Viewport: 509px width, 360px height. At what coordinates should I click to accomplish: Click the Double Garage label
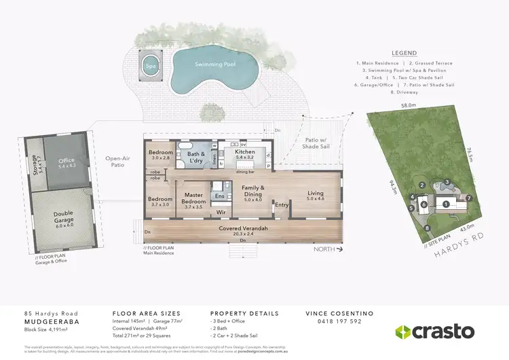[x=63, y=218]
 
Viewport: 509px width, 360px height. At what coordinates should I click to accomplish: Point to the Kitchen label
[x=244, y=154]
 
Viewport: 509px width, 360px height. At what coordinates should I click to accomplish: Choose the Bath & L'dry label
[x=195, y=157]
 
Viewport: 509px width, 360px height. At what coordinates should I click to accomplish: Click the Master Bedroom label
[x=194, y=199]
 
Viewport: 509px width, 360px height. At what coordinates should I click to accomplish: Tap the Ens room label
[x=219, y=196]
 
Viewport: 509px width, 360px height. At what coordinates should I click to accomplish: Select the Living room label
[x=316, y=195]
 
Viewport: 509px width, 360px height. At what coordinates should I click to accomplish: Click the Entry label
[x=282, y=204]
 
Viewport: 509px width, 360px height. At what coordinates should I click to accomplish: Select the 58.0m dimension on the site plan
[x=407, y=106]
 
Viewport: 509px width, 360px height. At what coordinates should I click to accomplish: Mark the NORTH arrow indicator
[x=328, y=249]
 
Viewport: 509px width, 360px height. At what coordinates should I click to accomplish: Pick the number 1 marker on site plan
[x=446, y=203]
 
